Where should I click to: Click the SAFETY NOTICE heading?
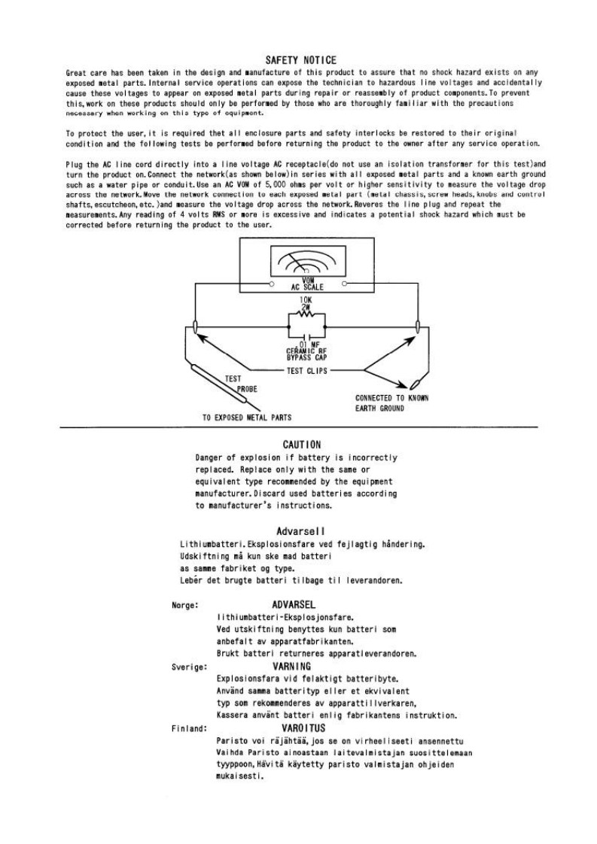[301, 59]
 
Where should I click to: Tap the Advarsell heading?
[300, 531]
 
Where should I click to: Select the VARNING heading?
[291, 666]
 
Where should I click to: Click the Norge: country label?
[185, 605]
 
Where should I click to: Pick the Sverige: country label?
[188, 666]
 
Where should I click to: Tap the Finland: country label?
[188, 729]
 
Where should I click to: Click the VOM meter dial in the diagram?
[307, 264]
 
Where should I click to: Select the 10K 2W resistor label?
[306, 303]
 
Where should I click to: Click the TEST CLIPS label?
[306, 371]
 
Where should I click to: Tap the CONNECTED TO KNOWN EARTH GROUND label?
[392, 403]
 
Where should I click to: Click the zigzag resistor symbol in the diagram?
[306, 316]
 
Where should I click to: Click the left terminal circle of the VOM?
[270, 284]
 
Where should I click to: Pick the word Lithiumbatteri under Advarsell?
[209, 543]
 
